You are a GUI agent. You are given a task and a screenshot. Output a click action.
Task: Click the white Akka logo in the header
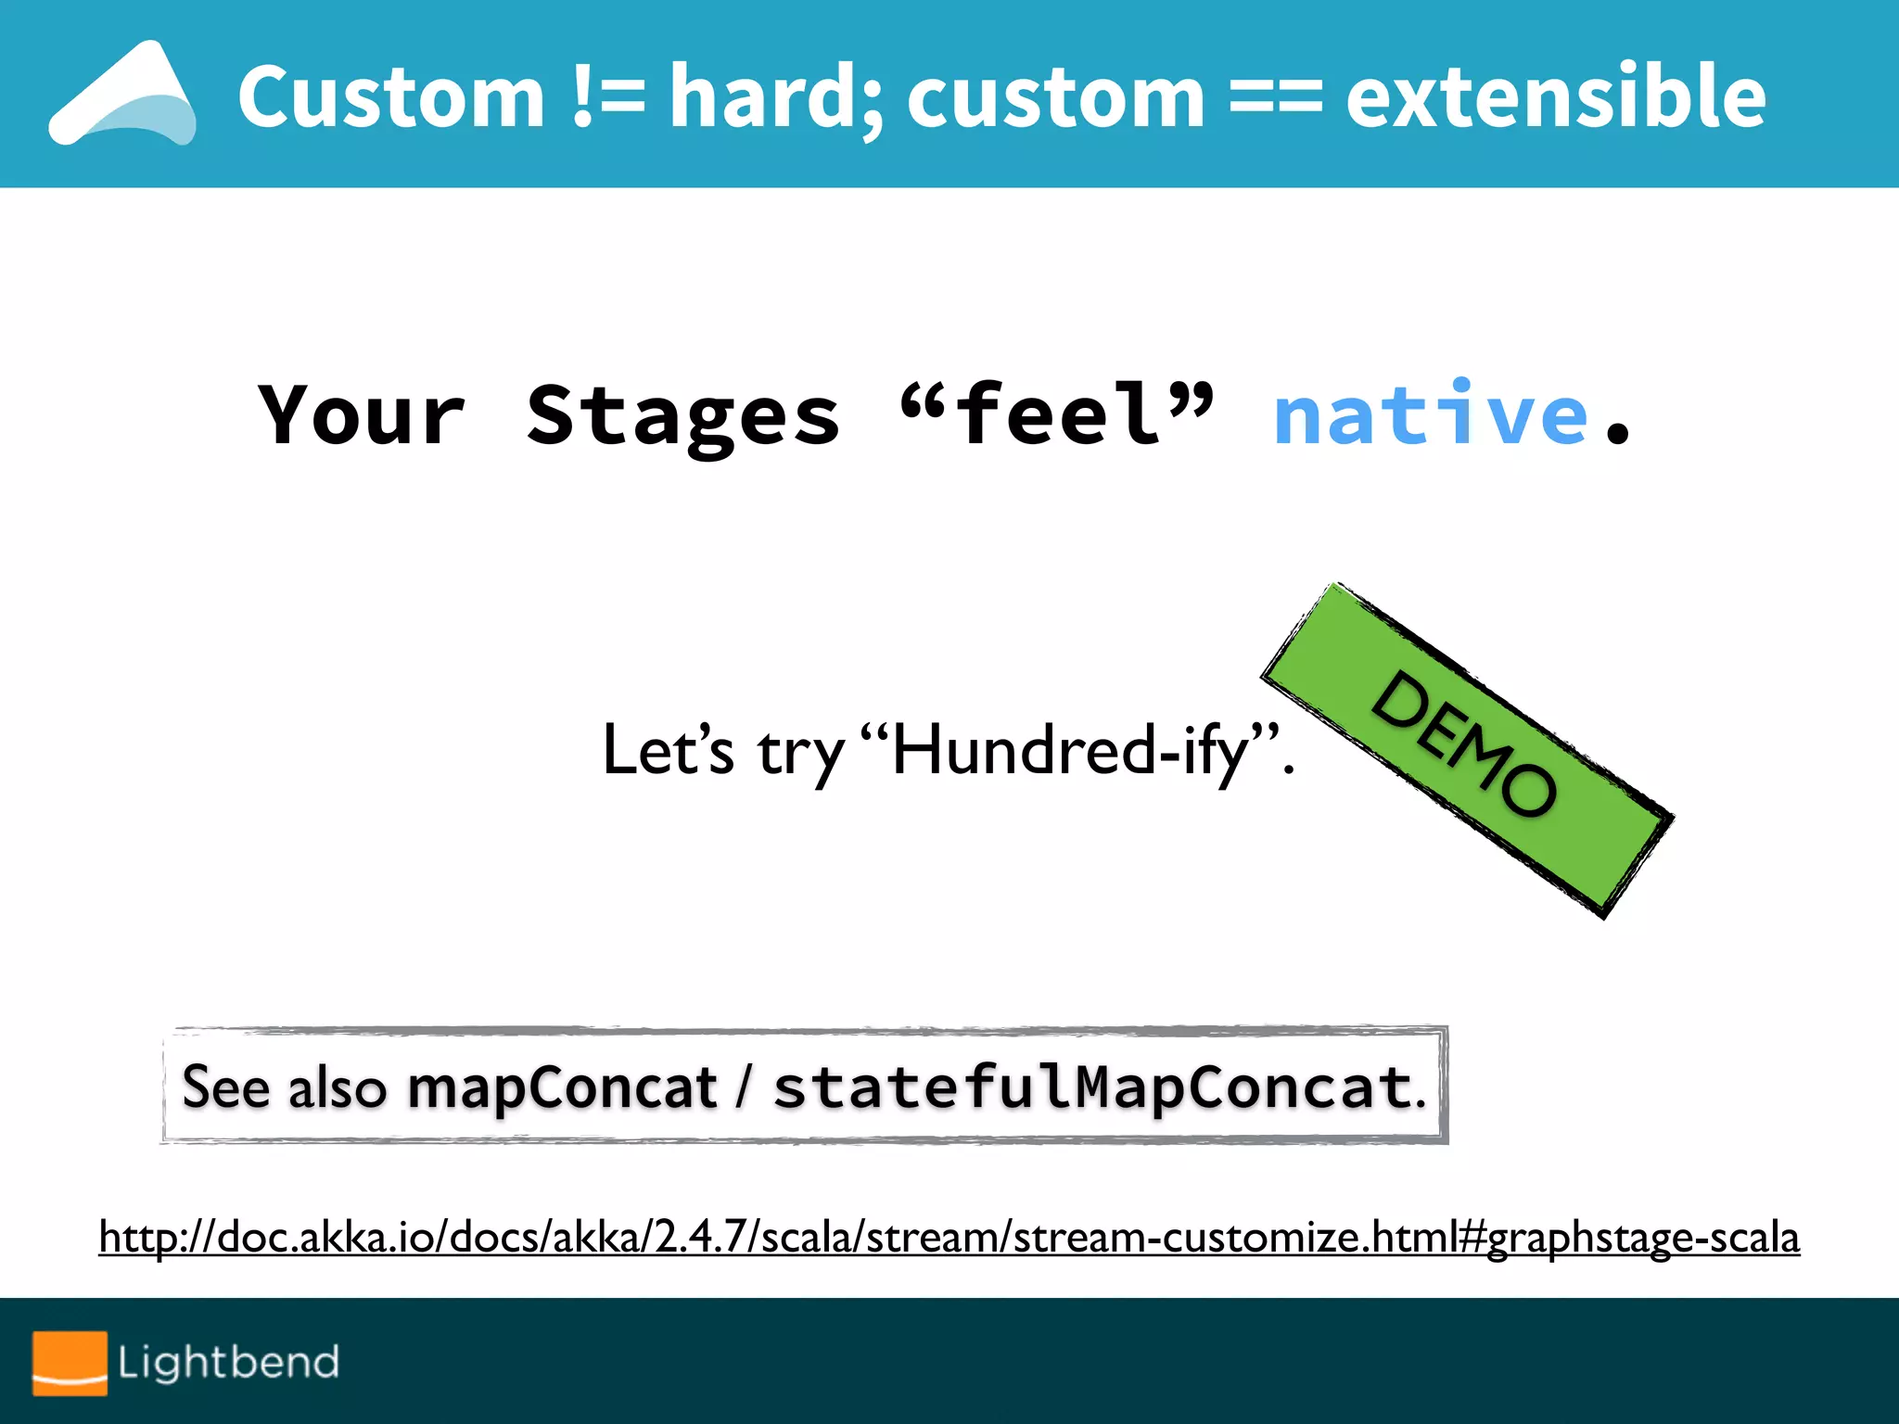pos(122,95)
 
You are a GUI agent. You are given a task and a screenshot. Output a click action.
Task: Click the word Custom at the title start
pos(390,96)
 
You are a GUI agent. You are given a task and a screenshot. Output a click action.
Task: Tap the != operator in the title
pos(607,96)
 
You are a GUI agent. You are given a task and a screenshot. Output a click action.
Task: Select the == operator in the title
pos(1275,96)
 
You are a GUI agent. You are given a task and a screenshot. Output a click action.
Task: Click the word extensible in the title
pos(1555,96)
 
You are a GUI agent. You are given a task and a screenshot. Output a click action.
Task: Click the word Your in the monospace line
pos(362,414)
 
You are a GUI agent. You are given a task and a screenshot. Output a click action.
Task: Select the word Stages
pos(683,414)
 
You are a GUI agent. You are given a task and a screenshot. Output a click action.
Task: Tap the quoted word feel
pos(1057,414)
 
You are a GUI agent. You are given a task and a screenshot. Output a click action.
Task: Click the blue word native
pos(1431,414)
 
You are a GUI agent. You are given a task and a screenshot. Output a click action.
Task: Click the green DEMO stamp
pos(1467,749)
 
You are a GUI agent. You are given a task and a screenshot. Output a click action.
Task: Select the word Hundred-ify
pos(1071,751)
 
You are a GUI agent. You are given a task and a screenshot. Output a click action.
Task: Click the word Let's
pos(668,751)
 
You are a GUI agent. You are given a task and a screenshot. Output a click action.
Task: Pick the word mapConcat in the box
pos(562,1087)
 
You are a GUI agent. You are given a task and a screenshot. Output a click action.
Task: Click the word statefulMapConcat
pos(1092,1087)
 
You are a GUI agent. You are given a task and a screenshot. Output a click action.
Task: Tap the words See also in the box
pos(284,1087)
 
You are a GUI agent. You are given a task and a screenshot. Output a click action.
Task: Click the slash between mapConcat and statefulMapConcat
pos(743,1087)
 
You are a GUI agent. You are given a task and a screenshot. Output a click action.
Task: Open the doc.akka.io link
pos(949,1237)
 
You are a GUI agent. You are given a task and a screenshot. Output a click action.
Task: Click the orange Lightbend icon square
pos(70,1362)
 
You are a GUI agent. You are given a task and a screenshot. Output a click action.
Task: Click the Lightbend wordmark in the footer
pos(228,1362)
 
